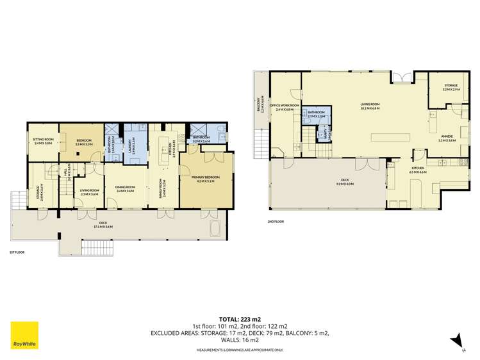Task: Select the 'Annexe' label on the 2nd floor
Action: pos(446,136)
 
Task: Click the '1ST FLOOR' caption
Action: pos(17,253)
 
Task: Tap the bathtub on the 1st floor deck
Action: pos(213,228)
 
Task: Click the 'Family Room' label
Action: pos(165,189)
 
